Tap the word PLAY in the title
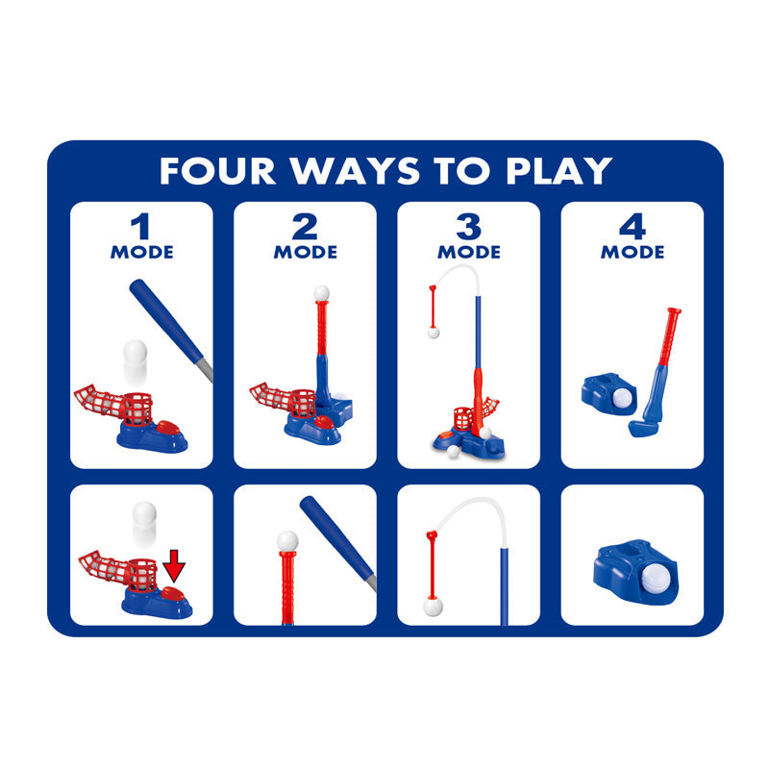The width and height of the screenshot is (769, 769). tap(559, 171)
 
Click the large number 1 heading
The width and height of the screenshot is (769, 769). tap(141, 227)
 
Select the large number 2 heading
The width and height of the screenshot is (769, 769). tap(305, 227)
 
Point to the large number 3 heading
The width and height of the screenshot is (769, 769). tap(469, 227)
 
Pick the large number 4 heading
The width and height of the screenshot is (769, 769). tap(633, 227)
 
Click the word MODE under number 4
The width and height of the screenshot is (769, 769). tap(633, 252)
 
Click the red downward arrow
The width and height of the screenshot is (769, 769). tap(174, 566)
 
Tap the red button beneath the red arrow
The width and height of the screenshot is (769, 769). tap(173, 594)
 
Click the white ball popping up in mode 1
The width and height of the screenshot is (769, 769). tap(135, 351)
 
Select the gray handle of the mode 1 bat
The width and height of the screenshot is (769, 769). tap(206, 369)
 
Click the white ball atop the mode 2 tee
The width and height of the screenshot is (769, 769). tap(321, 293)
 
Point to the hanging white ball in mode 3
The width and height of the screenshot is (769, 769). tap(434, 333)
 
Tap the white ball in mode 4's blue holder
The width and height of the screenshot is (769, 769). tap(622, 398)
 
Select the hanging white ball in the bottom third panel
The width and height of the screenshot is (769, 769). tap(433, 607)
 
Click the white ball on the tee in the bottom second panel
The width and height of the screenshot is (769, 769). tap(287, 541)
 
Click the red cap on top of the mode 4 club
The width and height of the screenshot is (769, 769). tap(675, 310)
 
